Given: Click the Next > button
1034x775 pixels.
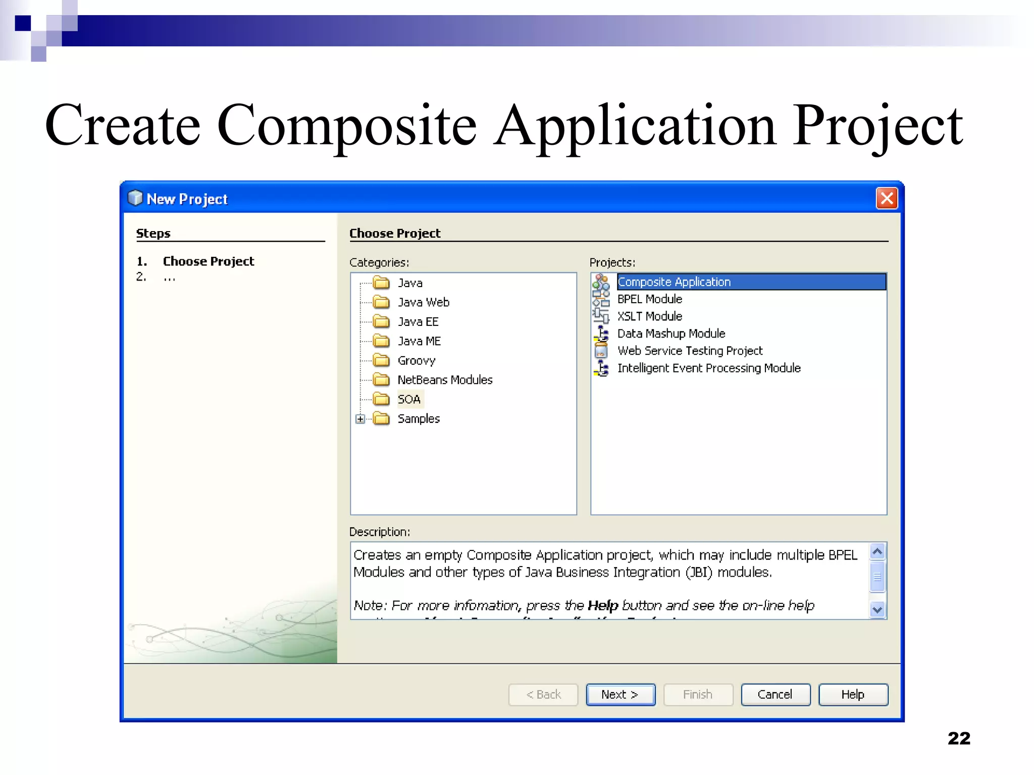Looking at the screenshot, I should pos(620,695).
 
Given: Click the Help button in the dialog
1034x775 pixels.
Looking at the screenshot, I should pos(853,695).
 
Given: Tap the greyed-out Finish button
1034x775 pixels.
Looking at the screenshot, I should pos(698,695).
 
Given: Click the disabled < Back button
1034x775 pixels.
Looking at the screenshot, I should pos(543,695).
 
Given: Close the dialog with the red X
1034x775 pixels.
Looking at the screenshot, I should pos(887,198).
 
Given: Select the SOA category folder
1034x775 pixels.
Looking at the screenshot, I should pos(409,400).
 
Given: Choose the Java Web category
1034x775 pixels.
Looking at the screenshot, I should pos(423,302).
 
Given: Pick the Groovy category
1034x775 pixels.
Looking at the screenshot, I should pos(416,361).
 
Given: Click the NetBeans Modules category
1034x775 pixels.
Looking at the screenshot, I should pos(445,380).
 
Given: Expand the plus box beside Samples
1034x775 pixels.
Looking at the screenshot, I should pos(360,419).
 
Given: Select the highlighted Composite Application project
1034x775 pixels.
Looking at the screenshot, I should pos(674,282).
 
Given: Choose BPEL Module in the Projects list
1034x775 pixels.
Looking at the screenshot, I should pos(649,299).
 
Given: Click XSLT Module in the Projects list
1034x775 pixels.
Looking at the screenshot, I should pos(649,316).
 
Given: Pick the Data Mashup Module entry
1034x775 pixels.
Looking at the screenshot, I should pos(671,334).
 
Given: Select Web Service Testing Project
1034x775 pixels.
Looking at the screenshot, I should pos(690,351).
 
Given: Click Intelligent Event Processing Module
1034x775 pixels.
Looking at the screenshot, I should pos(709,368).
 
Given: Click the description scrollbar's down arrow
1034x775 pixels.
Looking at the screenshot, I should pos(877,610).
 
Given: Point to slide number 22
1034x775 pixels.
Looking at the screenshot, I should pos(959,739).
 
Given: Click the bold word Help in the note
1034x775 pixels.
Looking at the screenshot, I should pos(603,605).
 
